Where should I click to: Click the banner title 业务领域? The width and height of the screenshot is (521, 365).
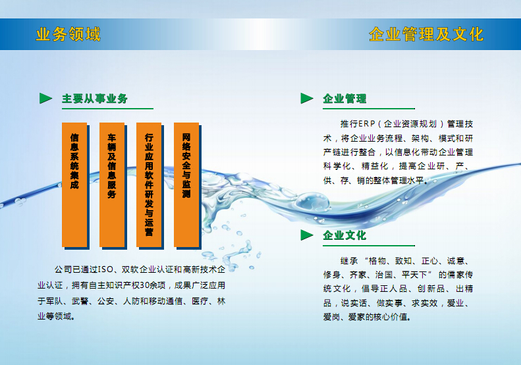click(68, 34)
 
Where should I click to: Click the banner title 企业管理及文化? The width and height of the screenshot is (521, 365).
click(426, 34)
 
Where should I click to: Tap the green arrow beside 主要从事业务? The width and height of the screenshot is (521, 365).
click(45, 98)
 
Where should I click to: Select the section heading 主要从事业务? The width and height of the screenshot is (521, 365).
click(95, 98)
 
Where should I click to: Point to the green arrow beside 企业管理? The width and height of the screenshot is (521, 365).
click(307, 98)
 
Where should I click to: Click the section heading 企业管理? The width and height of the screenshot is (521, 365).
click(344, 98)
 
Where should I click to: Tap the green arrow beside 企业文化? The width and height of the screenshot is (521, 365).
click(307, 235)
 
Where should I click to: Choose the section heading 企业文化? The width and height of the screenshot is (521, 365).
click(344, 235)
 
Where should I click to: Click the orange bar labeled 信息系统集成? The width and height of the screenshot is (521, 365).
click(74, 185)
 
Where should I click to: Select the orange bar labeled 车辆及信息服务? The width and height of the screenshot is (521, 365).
click(112, 185)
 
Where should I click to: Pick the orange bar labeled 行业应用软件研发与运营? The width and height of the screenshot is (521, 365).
click(149, 185)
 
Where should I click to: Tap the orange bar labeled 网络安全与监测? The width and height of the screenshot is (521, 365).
click(186, 185)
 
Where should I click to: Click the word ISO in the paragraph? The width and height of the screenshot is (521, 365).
click(105, 269)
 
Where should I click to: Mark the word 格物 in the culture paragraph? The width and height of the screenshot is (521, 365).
click(377, 261)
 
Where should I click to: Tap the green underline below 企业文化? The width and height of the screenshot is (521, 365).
click(369, 246)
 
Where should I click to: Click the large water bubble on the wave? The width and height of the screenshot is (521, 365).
click(312, 202)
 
